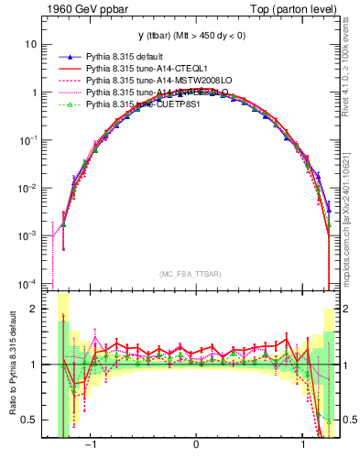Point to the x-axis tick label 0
click(x=196, y=442)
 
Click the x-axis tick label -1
click(x=91, y=442)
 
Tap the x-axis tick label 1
click(x=301, y=442)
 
